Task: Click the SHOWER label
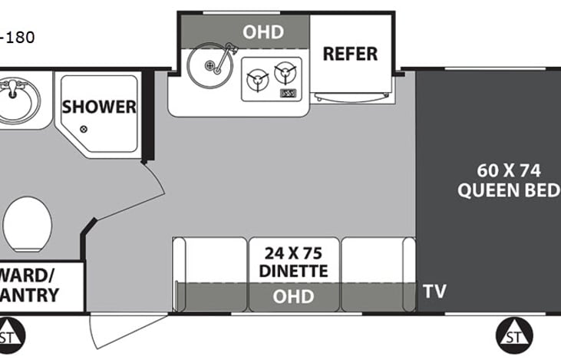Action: (x=99, y=107)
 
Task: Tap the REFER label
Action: (x=350, y=53)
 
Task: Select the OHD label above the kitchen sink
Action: (x=263, y=32)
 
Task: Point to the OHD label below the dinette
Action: (x=293, y=296)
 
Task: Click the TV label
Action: (x=434, y=292)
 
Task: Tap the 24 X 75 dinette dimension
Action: (x=294, y=251)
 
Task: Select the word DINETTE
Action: (x=293, y=271)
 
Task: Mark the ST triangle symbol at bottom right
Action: (x=510, y=333)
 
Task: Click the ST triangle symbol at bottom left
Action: (x=8, y=334)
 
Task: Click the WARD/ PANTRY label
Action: (x=31, y=285)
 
